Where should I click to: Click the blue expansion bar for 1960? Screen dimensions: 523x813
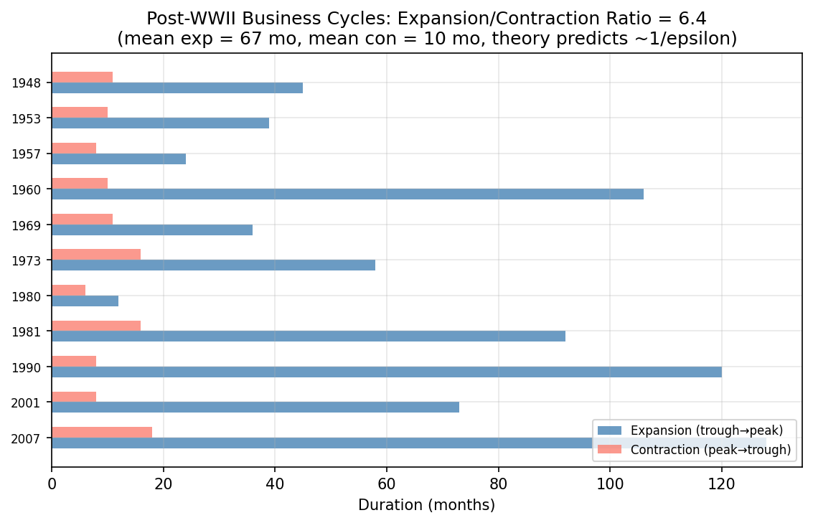pos(347,194)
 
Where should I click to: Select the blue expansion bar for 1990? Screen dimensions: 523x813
pos(387,372)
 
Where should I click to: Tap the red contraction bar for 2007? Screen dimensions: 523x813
pos(102,432)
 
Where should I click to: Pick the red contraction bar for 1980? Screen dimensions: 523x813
pos(69,290)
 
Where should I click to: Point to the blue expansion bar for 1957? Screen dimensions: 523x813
pos(119,159)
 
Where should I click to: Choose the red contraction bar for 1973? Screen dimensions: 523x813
pos(96,254)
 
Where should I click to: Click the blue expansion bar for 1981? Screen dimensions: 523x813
pos(309,336)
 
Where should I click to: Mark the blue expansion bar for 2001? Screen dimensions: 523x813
pos(255,407)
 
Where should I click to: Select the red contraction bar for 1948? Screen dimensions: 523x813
pos(83,77)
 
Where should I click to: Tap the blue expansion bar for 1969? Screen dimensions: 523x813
pos(152,230)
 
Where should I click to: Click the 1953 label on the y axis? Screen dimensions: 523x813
pos(26,118)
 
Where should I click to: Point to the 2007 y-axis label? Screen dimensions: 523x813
pos(26,438)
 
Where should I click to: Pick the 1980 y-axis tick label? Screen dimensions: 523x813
pos(26,296)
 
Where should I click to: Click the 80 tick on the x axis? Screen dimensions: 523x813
pos(498,484)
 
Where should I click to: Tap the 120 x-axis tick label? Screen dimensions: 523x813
pos(721,484)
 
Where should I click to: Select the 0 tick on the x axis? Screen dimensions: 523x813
pos(52,484)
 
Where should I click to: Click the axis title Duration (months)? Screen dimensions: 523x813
pos(426,505)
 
